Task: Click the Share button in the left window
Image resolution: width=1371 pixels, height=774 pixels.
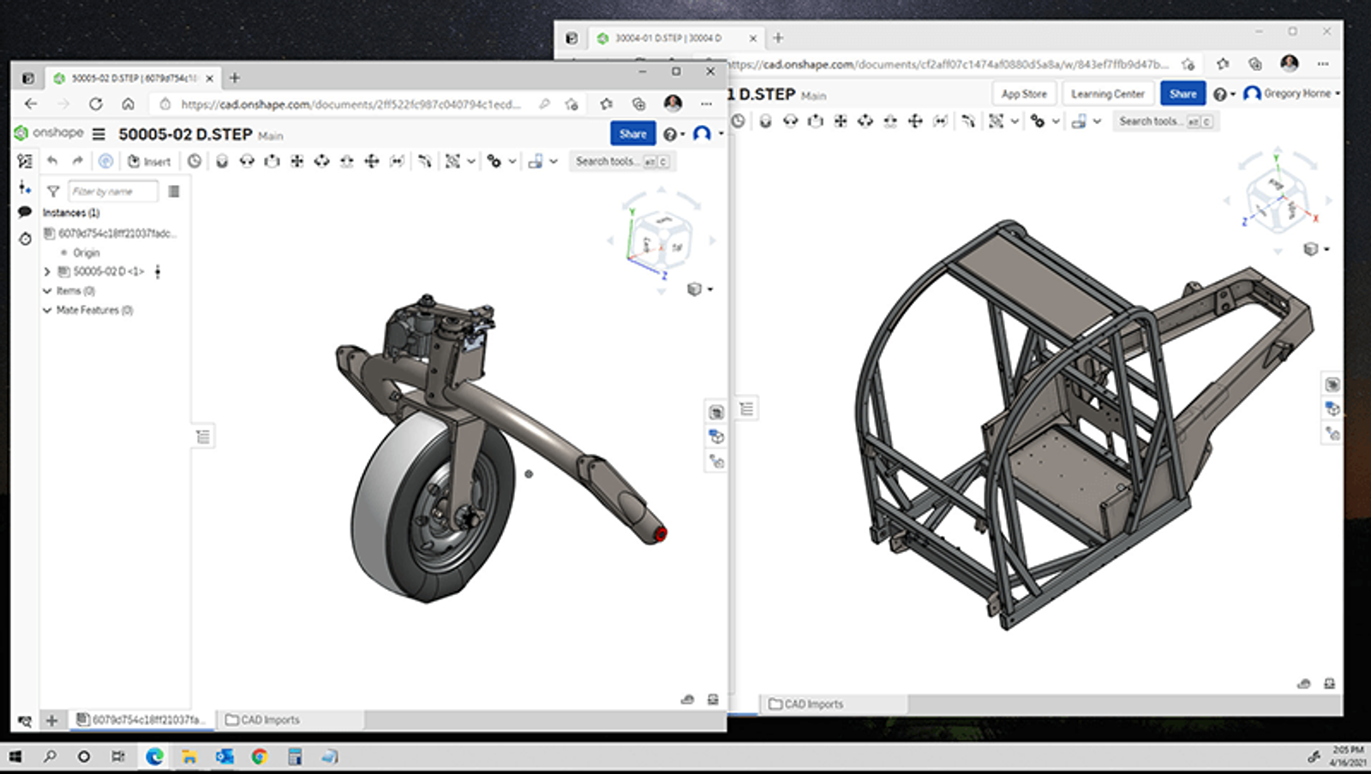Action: click(632, 134)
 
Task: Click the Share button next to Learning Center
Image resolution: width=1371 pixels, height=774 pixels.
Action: click(1182, 94)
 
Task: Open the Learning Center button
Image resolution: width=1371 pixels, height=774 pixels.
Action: click(1107, 94)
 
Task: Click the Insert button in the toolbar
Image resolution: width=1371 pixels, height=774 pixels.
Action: click(150, 161)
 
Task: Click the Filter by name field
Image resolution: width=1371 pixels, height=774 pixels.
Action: click(113, 192)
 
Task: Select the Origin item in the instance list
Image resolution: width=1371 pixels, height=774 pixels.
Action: click(86, 253)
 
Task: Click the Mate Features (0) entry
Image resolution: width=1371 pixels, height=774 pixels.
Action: click(94, 310)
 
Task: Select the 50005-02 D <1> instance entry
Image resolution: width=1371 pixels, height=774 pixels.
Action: click(108, 271)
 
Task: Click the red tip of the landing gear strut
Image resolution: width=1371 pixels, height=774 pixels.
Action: click(661, 534)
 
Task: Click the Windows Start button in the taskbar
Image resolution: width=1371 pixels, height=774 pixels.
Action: click(15, 757)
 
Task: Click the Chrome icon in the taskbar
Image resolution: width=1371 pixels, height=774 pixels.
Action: click(259, 757)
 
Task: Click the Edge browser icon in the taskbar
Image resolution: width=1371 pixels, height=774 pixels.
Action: click(154, 757)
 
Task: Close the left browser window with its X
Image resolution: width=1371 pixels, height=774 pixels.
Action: click(710, 72)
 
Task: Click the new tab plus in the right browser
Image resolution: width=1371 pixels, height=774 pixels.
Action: click(778, 38)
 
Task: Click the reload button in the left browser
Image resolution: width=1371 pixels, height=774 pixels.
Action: click(95, 104)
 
